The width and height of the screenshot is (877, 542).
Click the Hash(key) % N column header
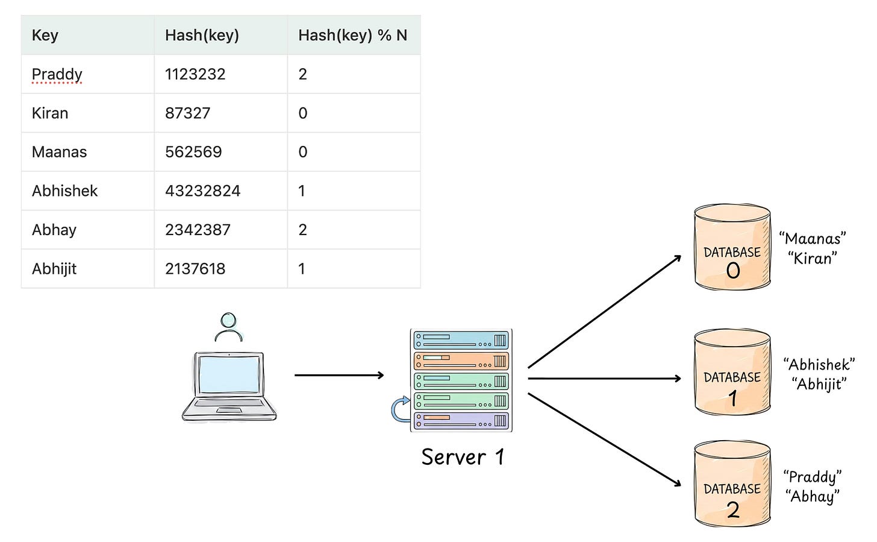click(x=352, y=36)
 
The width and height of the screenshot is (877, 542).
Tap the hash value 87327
click(x=187, y=113)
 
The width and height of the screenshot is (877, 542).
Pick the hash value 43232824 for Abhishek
click(x=202, y=191)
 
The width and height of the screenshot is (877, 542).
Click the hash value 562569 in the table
click(x=193, y=152)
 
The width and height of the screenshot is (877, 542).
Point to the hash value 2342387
click(x=198, y=230)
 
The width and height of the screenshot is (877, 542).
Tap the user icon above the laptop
click(x=229, y=327)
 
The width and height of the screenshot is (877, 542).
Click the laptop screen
click(x=229, y=373)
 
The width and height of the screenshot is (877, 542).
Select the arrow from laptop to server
click(x=339, y=375)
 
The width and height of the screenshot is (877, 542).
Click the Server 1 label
click(x=463, y=457)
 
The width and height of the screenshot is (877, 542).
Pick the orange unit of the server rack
click(x=461, y=361)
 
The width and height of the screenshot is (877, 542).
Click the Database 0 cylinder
click(x=732, y=247)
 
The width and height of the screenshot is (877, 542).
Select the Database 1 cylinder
click(x=732, y=371)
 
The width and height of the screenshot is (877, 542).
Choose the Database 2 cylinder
click(x=732, y=483)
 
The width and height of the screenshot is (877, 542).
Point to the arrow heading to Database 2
click(x=605, y=440)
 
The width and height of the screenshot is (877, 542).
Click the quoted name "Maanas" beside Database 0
click(x=813, y=239)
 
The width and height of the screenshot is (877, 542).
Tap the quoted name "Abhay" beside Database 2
click(x=813, y=497)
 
